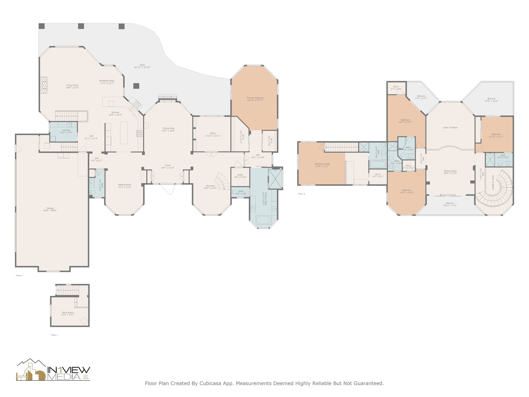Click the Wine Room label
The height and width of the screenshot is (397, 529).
pyautogui.click(x=67, y=312)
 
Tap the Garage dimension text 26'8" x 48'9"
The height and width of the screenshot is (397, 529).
pyautogui.click(x=50, y=210)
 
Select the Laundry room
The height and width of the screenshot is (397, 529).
pyautogui.click(x=64, y=132)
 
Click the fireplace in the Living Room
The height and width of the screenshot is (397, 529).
pyautogui.click(x=45, y=85)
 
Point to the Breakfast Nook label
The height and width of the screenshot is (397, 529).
pyautogui.click(x=107, y=81)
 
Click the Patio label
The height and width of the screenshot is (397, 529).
pyautogui.click(x=142, y=65)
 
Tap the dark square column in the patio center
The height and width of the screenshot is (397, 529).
pyautogui.click(x=136, y=86)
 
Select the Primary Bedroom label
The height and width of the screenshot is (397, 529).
pyautogui.click(x=255, y=98)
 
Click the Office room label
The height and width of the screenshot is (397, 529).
pyautogui.click(x=213, y=133)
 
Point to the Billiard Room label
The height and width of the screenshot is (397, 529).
pyautogui.click(x=125, y=185)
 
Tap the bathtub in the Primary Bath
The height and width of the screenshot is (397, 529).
pyautogui.click(x=263, y=220)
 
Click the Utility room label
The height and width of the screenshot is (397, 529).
pyautogui.click(x=240, y=175)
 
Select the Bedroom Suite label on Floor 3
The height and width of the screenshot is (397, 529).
pyautogui.click(x=322, y=164)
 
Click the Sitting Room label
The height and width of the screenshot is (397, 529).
pyautogui.click(x=450, y=171)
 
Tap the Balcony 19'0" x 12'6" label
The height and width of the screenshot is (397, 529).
pyautogui.click(x=491, y=99)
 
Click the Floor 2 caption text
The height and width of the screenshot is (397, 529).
pyautogui.click(x=19, y=276)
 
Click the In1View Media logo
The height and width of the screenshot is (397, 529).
pyautogui.click(x=53, y=370)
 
